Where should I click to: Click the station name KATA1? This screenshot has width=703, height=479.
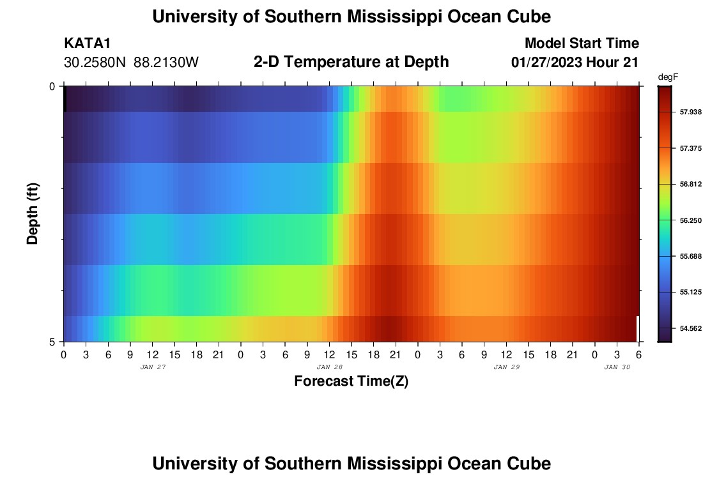(x=88, y=43)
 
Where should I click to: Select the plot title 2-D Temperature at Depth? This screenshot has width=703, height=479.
(x=351, y=62)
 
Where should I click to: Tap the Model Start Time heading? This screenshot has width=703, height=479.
(x=582, y=43)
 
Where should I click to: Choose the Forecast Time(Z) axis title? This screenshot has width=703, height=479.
(x=351, y=381)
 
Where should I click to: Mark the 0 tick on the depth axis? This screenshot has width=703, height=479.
(x=52, y=86)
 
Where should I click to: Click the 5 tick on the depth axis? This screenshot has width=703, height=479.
(x=52, y=342)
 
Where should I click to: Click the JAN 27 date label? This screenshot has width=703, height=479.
(x=152, y=367)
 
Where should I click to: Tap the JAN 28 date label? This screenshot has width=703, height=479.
(x=330, y=367)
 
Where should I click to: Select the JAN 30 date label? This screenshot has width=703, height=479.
(x=617, y=367)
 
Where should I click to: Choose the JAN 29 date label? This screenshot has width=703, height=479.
(x=507, y=367)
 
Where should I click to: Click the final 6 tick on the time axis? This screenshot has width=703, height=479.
(x=639, y=354)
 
